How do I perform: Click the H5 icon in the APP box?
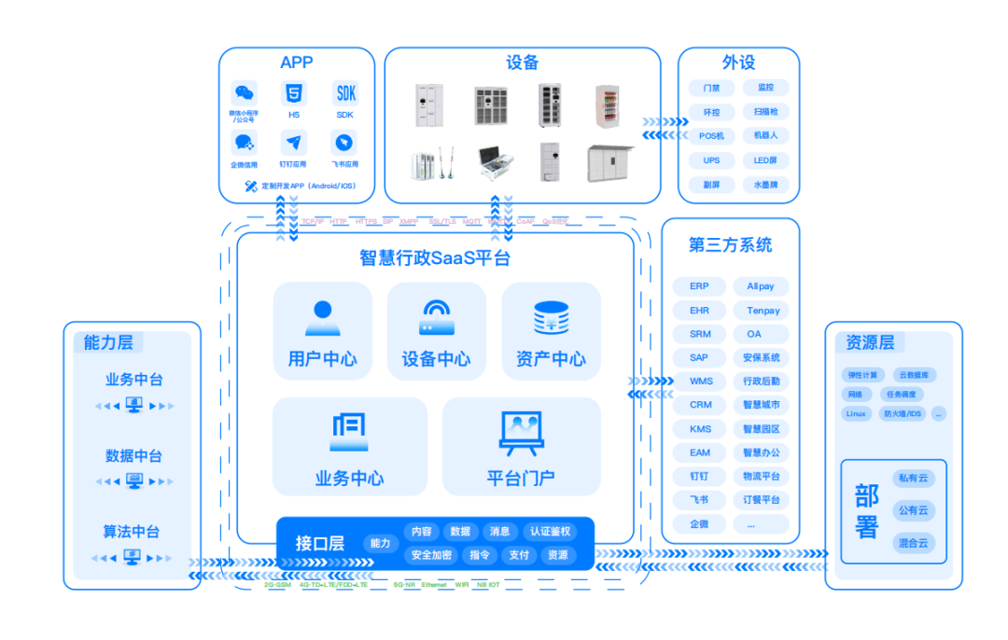[294, 93]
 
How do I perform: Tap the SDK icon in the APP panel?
[345, 93]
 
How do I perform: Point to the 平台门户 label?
[521, 479]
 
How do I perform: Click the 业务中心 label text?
[349, 479]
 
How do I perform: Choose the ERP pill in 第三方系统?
[699, 286]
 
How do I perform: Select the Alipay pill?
[761, 286]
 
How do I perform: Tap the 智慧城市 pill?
[761, 405]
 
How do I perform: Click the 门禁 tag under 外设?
[711, 88]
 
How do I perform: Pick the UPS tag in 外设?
[711, 160]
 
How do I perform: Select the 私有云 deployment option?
[914, 478]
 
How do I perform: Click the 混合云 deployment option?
[914, 543]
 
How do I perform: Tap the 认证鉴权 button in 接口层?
[549, 532]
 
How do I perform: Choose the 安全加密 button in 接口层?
[431, 555]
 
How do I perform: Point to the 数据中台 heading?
[133, 456]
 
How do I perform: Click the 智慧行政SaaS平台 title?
[435, 258]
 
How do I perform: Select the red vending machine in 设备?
[608, 105]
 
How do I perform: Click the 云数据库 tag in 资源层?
[915, 375]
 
